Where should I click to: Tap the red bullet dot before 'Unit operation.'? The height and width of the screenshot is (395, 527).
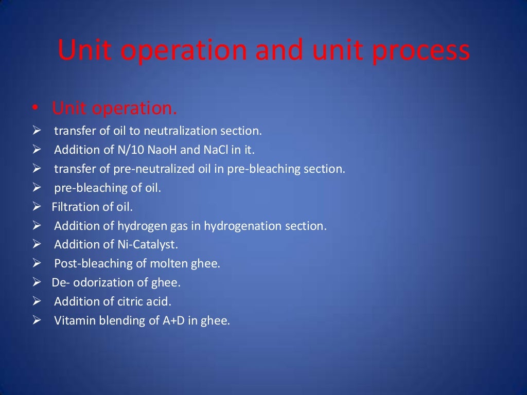[x=34, y=109]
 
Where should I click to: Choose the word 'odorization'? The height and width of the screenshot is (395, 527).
[x=98, y=282]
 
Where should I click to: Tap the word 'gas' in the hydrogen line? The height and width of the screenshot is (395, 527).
[x=192, y=226]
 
